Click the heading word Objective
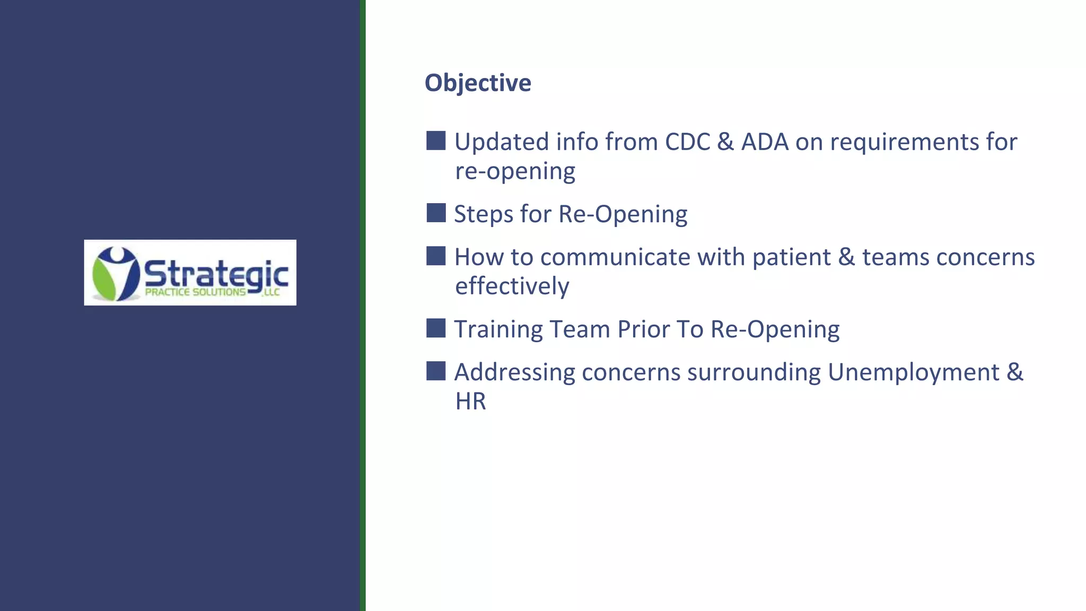point(477,83)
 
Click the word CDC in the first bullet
point(687,142)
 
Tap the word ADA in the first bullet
point(765,142)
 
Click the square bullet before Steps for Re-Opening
point(436,213)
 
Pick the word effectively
point(512,286)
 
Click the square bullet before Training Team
point(436,328)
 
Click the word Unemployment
point(913,372)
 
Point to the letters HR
point(470,401)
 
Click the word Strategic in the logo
point(216,275)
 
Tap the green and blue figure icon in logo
point(115,273)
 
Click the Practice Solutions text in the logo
point(195,292)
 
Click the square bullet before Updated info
point(436,141)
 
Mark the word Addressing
point(514,372)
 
